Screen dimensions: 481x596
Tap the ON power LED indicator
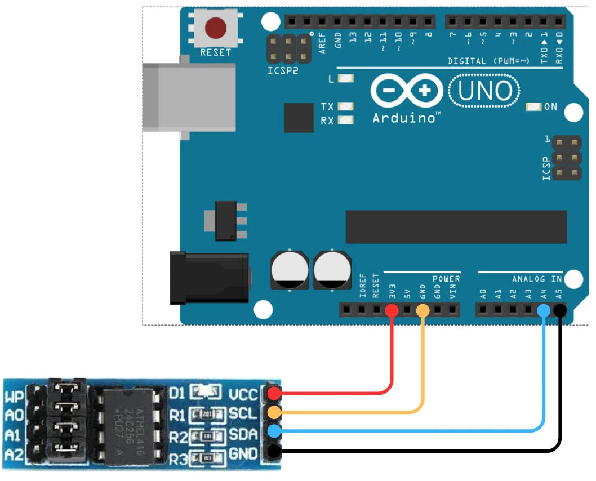tap(532, 106)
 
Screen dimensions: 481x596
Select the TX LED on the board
tap(346, 106)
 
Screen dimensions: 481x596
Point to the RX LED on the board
tap(346, 119)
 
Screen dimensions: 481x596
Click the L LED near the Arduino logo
tap(346, 79)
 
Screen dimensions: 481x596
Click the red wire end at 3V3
tap(392, 310)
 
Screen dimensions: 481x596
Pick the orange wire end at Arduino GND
tap(422, 310)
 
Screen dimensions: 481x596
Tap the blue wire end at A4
tap(544, 310)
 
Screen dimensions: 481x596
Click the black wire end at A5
tap(559, 310)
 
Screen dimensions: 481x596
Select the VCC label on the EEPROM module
tap(243, 394)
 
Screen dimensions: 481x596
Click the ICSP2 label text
tap(283, 72)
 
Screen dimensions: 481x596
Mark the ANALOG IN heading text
tap(536, 279)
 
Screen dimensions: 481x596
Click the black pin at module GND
tap(274, 451)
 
